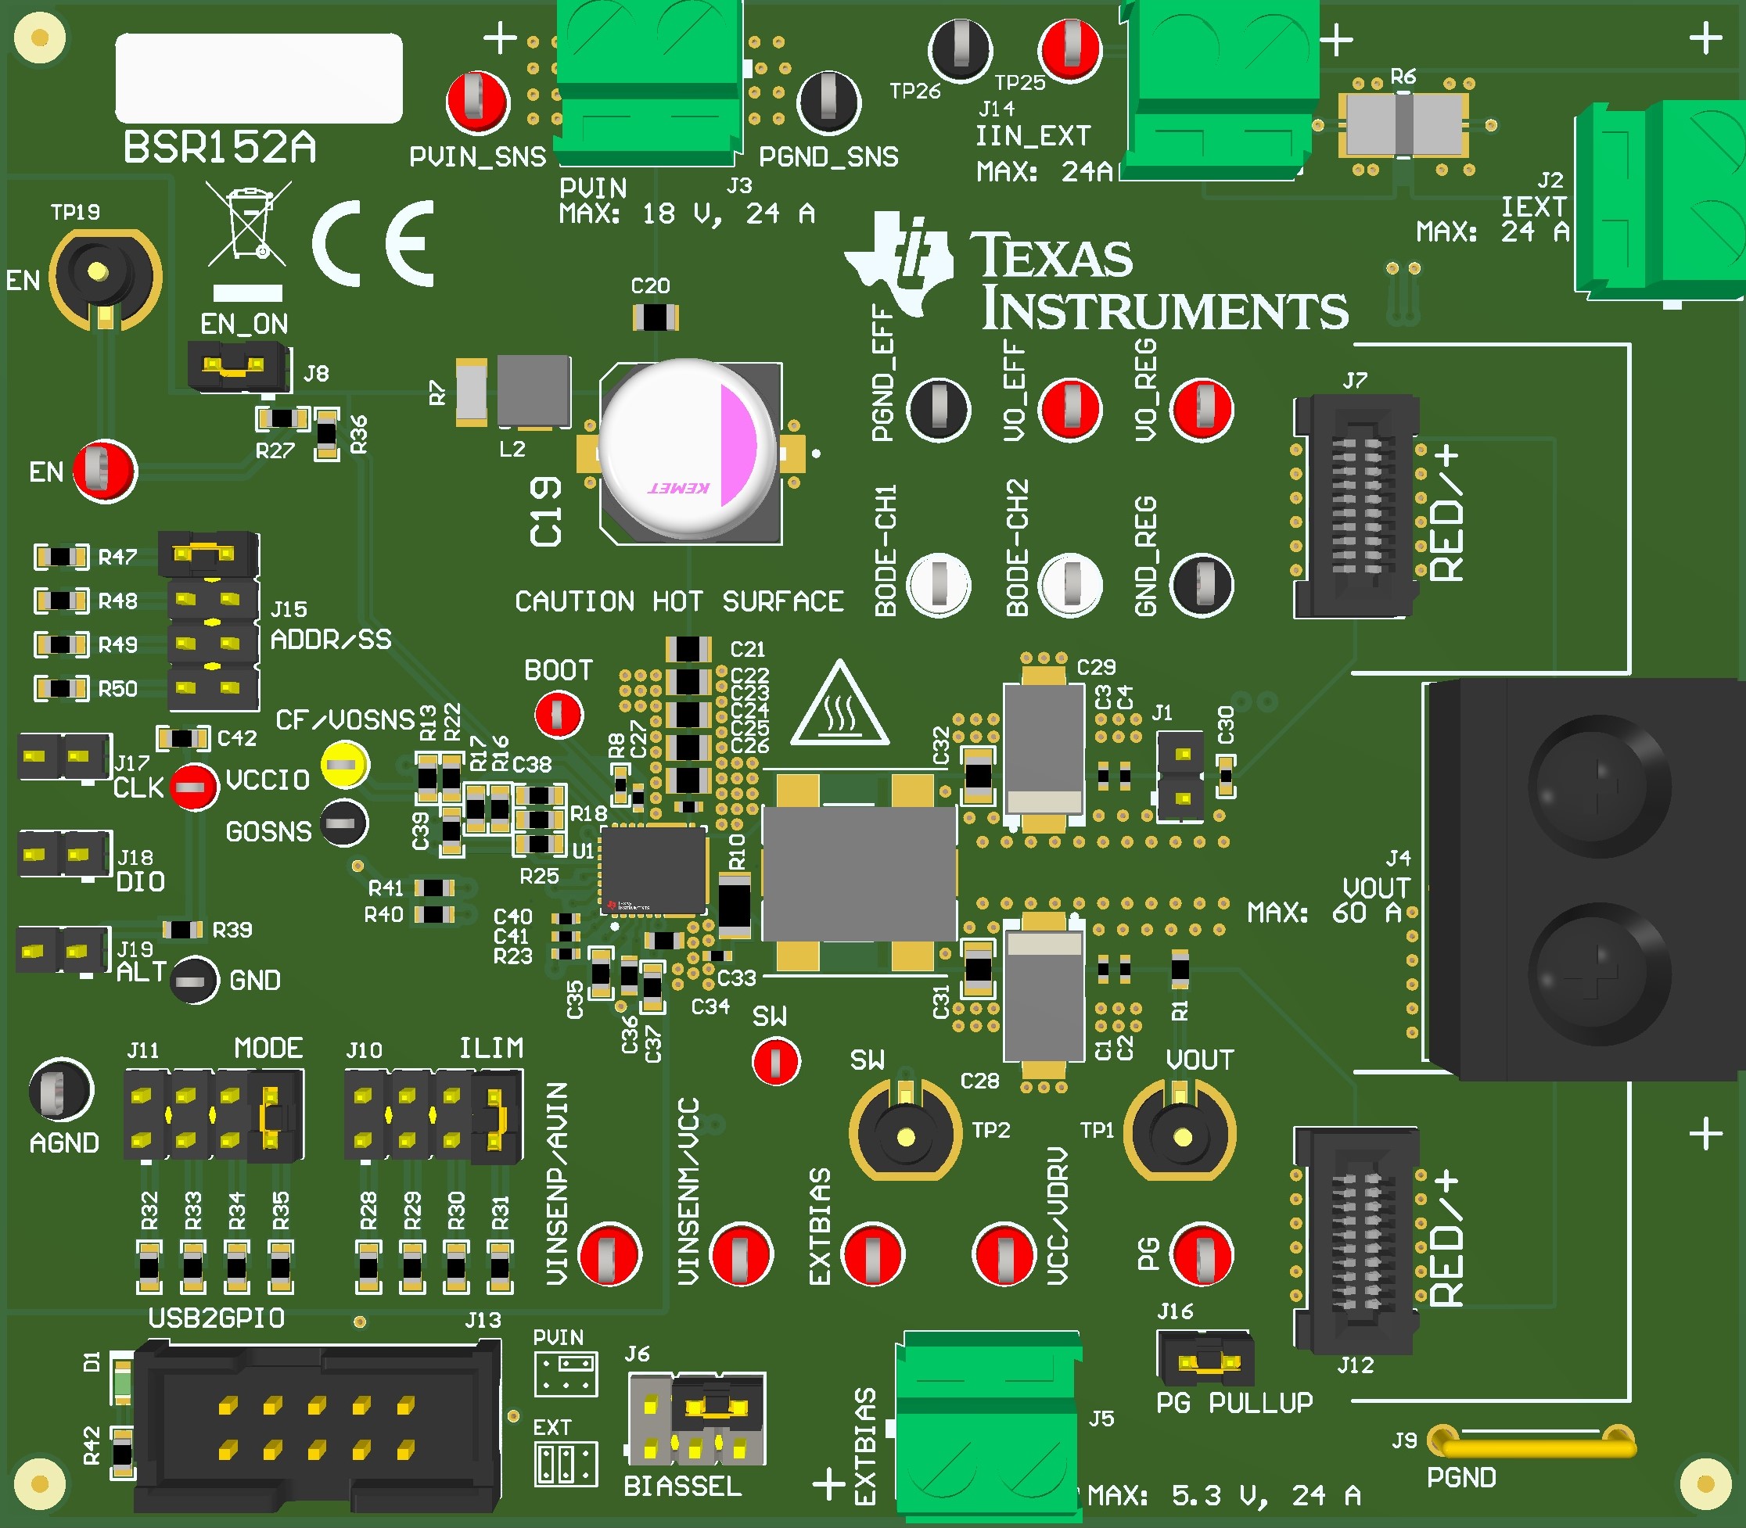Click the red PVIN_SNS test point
pyautogui.click(x=478, y=102)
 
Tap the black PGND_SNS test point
pyautogui.click(x=828, y=102)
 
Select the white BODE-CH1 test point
pyautogui.click(x=938, y=584)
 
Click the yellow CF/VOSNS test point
pyautogui.click(x=345, y=765)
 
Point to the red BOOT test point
pyautogui.click(x=559, y=714)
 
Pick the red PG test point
pyautogui.click(x=1202, y=1254)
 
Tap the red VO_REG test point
pyautogui.click(x=1202, y=408)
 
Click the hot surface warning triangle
pyautogui.click(x=840, y=706)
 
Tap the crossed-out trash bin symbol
pyautogui.click(x=248, y=224)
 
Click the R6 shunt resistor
pyautogui.click(x=1403, y=125)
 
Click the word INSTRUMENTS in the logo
pyautogui.click(x=1164, y=310)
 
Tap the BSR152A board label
pyautogui.click(x=220, y=148)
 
